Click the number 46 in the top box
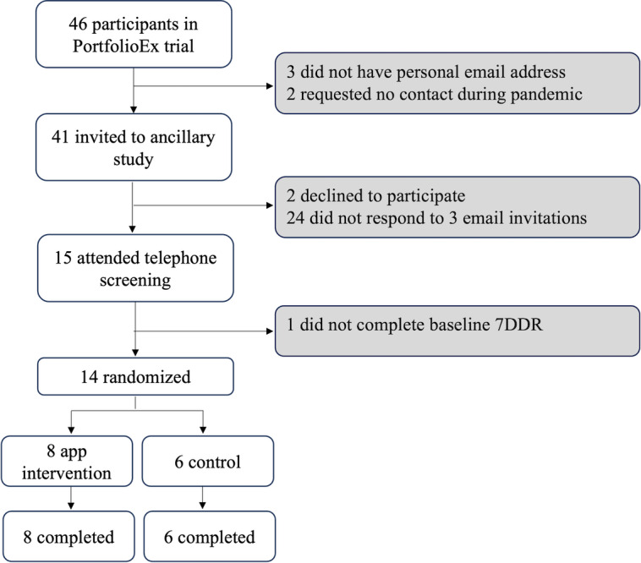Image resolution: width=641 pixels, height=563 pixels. click(x=78, y=25)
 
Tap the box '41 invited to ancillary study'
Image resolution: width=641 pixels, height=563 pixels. click(x=134, y=147)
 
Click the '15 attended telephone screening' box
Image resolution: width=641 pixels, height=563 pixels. click(x=135, y=268)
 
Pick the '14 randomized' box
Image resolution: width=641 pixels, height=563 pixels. click(x=135, y=376)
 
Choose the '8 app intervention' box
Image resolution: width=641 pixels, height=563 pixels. click(x=67, y=462)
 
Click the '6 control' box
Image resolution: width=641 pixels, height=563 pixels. click(x=208, y=462)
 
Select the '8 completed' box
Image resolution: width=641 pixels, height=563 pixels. click(x=68, y=536)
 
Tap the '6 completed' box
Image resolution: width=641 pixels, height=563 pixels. click(x=210, y=536)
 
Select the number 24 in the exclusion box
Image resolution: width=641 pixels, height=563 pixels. click(x=295, y=218)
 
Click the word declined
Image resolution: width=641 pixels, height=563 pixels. click(x=331, y=196)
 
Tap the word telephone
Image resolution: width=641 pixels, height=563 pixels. click(x=181, y=258)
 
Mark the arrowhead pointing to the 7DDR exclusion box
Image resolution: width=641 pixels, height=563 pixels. click(x=270, y=331)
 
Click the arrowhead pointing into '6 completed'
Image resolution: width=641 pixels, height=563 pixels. click(x=203, y=506)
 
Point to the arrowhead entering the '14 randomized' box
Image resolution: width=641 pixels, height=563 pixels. click(x=135, y=353)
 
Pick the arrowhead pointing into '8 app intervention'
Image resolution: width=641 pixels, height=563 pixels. click(x=71, y=430)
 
